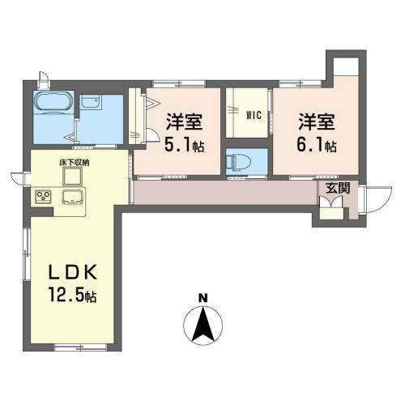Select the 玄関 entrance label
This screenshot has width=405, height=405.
(338, 187)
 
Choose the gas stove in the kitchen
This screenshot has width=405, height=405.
(42, 196)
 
